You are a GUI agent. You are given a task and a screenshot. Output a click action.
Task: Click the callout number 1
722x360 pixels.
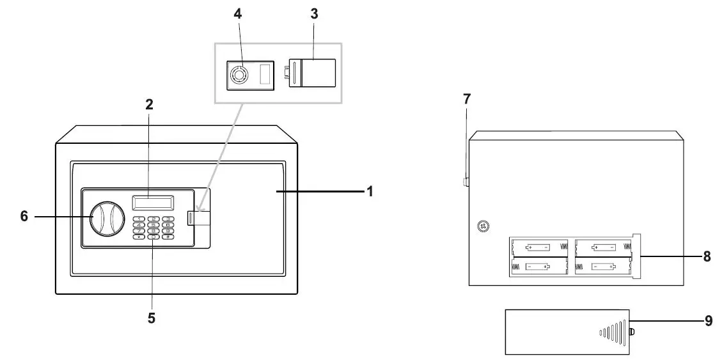tap(369, 191)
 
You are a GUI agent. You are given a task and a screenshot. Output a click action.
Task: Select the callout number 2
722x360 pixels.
tap(149, 105)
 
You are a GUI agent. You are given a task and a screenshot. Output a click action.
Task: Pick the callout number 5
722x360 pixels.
tap(152, 317)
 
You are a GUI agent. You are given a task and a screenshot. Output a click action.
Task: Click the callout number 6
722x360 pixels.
tap(24, 217)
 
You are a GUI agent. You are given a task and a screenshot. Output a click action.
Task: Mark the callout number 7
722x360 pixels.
tap(466, 99)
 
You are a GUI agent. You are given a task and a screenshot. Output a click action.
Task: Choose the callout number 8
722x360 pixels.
tap(707, 256)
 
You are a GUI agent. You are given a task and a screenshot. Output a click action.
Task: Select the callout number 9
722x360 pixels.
tap(708, 322)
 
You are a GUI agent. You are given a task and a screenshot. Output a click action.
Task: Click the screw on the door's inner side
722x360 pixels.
tap(483, 226)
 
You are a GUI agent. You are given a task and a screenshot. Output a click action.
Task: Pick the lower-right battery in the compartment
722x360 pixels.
tap(602, 267)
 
